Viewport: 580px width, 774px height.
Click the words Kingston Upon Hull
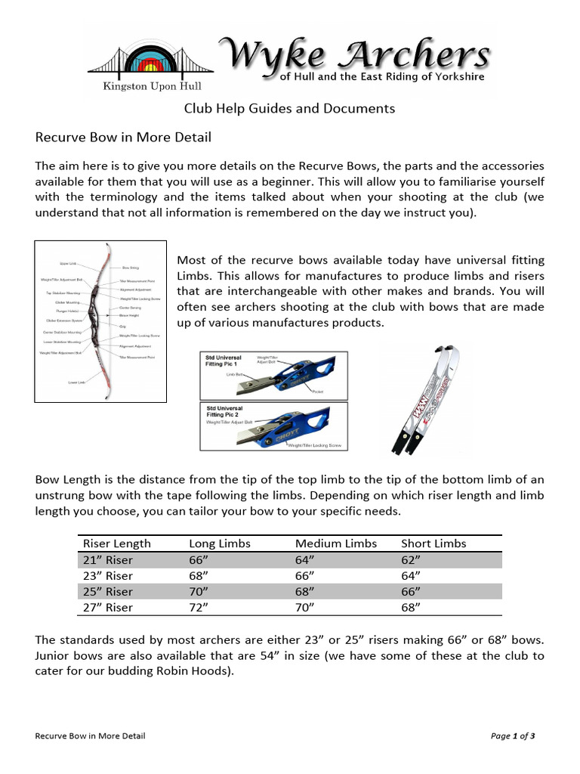[x=150, y=86]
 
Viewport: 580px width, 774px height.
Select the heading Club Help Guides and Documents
[x=290, y=108]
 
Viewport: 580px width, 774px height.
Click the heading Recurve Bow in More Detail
[x=124, y=138]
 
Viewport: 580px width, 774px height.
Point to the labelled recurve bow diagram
[x=100, y=320]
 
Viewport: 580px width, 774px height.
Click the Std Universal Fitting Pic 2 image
[x=273, y=426]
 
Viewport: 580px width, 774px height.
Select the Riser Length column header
[x=117, y=543]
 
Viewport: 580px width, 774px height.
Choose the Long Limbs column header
[x=219, y=543]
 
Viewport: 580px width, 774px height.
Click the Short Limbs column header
[x=433, y=543]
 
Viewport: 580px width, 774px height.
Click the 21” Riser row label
[x=108, y=560]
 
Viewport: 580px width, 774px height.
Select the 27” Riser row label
[x=108, y=608]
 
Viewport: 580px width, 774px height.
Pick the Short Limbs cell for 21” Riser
[x=411, y=560]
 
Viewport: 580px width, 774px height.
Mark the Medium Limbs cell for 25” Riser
[x=305, y=592]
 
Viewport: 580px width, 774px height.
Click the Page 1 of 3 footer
[x=513, y=735]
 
